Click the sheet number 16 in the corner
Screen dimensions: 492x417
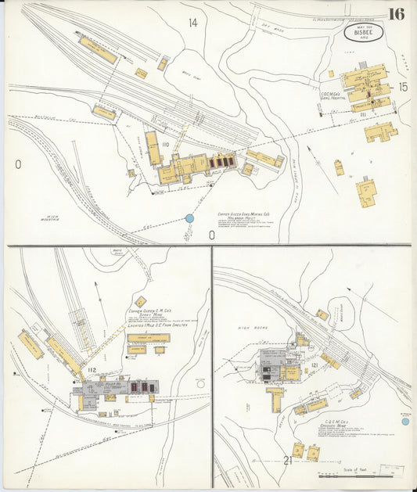[x=395, y=14]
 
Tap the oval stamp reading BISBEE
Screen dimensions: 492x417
[x=358, y=36]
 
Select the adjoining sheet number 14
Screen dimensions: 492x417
[x=192, y=23]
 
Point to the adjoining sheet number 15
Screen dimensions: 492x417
[x=402, y=87]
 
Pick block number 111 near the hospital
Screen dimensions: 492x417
[x=363, y=115]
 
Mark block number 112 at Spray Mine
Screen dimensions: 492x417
[x=92, y=370]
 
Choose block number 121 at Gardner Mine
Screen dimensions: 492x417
[x=314, y=365]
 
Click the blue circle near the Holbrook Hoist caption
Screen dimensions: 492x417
[x=189, y=219]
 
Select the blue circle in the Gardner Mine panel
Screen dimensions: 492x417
[x=405, y=422]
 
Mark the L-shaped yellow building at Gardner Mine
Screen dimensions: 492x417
[x=275, y=397]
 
